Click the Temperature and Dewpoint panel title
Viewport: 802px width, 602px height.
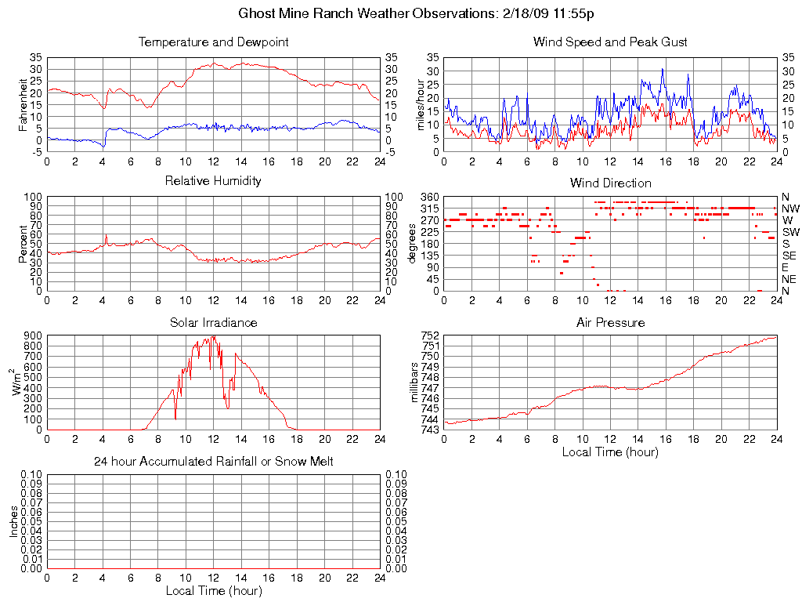point(213,42)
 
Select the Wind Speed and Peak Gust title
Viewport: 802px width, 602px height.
point(610,42)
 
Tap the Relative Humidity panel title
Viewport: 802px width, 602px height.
point(213,181)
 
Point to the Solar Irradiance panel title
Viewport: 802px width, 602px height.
point(213,322)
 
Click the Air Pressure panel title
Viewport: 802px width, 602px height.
point(610,322)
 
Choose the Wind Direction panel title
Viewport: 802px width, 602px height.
point(610,183)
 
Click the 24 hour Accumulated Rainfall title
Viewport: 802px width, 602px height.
point(213,462)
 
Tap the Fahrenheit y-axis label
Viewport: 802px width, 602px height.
point(23,104)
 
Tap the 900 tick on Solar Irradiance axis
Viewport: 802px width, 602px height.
point(32,335)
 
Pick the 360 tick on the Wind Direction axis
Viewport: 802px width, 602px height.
point(428,196)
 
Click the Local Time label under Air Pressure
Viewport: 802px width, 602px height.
point(610,451)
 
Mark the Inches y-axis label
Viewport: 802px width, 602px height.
point(14,521)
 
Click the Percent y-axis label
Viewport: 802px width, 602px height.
point(23,243)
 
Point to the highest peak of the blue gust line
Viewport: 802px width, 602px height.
point(663,69)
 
